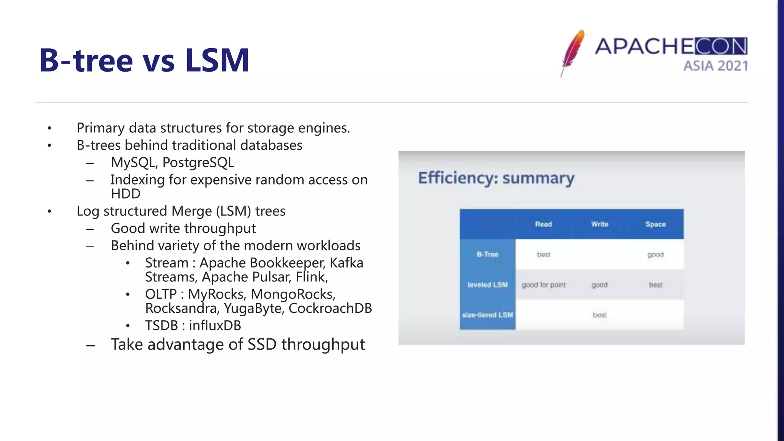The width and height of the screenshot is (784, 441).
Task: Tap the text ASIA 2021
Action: (x=715, y=66)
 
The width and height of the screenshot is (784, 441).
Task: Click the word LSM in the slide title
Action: (x=217, y=60)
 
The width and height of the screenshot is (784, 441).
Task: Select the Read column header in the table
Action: (x=543, y=224)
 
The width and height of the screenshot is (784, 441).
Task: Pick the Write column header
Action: (x=599, y=224)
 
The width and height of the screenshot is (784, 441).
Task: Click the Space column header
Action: (x=655, y=224)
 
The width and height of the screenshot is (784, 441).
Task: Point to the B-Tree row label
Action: (x=487, y=255)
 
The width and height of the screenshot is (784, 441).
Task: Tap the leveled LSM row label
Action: (x=487, y=285)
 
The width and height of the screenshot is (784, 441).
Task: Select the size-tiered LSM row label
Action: (x=487, y=315)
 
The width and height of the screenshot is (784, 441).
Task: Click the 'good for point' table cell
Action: (x=543, y=285)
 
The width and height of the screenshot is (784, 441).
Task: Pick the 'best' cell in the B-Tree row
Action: (x=543, y=255)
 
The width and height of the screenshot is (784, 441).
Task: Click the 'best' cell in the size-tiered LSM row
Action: (x=599, y=315)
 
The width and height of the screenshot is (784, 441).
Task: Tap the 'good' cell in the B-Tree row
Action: (x=655, y=255)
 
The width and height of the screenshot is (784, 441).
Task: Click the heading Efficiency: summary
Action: (x=496, y=178)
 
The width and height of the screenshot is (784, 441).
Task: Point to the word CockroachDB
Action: (x=330, y=308)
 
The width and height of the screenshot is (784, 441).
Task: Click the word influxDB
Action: (x=215, y=325)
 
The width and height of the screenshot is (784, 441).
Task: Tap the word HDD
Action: (x=126, y=194)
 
